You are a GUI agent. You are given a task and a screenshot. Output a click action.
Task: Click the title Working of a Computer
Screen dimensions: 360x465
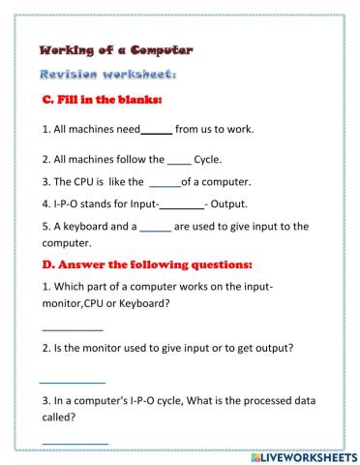tap(116, 49)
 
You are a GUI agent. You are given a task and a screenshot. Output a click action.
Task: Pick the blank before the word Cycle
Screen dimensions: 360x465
tap(179, 159)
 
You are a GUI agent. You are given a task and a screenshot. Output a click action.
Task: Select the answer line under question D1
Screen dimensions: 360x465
tap(73, 329)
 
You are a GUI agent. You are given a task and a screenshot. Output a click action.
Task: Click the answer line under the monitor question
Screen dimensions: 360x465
tap(72, 381)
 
